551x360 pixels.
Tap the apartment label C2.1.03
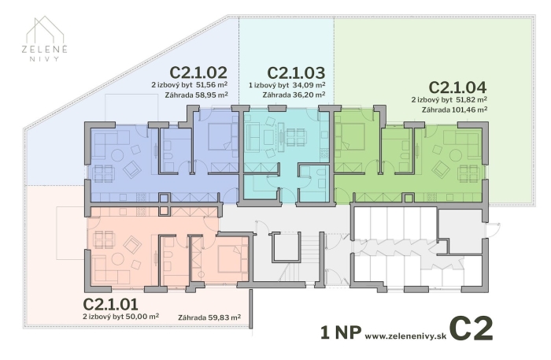[297, 72]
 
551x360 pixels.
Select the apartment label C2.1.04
[458, 87]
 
